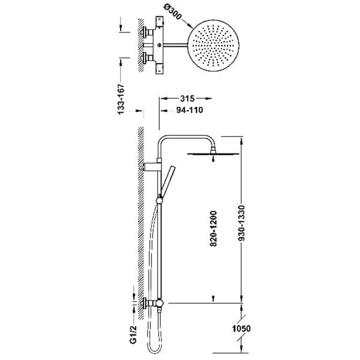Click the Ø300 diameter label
[x=173, y=13]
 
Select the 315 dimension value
[x=187, y=98]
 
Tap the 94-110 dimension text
[x=190, y=110]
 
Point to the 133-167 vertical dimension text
[x=121, y=99]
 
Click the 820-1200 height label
[x=213, y=229]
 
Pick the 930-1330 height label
[x=241, y=223]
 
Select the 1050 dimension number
[x=241, y=329]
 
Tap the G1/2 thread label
[x=133, y=334]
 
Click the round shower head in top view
[x=214, y=46]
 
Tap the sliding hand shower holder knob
[x=160, y=201]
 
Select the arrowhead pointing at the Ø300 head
[x=190, y=26]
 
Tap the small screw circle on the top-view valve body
[x=159, y=45]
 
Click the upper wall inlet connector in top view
[x=148, y=32]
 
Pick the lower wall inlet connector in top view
[x=148, y=58]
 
